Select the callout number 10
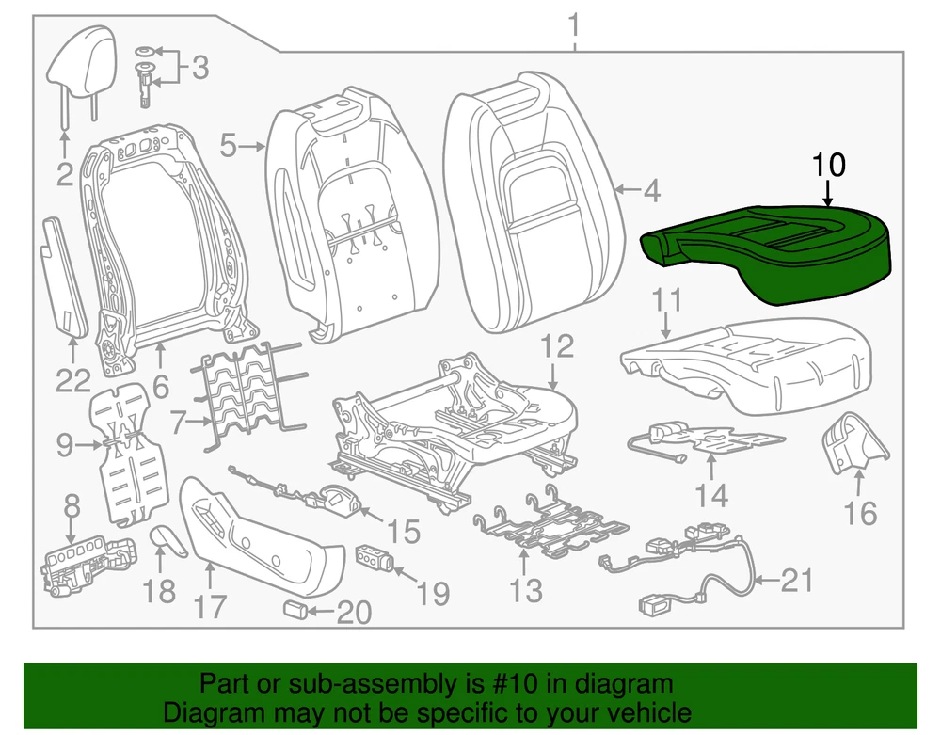coord(829,165)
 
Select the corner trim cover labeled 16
coord(852,439)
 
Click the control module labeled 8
coord(85,563)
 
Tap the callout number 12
coord(557,347)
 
